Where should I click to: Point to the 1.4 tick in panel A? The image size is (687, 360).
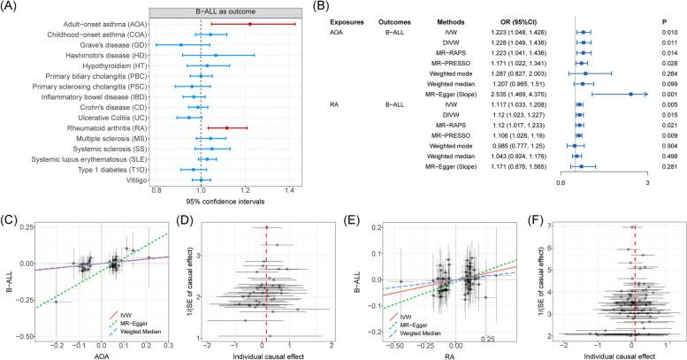click(289, 190)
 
